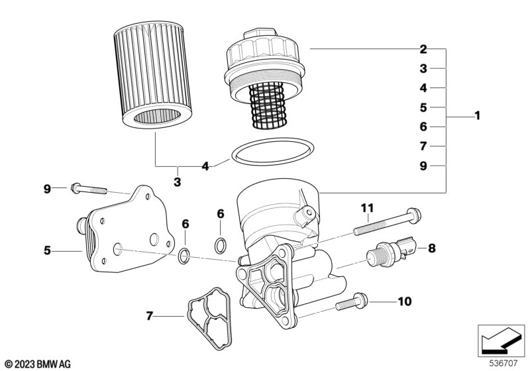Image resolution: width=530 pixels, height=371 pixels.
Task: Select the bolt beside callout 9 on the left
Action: tap(89, 189)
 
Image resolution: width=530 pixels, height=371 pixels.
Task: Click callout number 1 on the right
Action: tap(476, 117)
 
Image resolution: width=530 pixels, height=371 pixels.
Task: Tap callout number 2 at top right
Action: tap(423, 48)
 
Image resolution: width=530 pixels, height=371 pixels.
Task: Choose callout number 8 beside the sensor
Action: tap(431, 249)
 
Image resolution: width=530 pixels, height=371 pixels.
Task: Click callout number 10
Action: tap(404, 302)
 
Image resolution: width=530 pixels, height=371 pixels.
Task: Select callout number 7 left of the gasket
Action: tap(150, 316)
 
